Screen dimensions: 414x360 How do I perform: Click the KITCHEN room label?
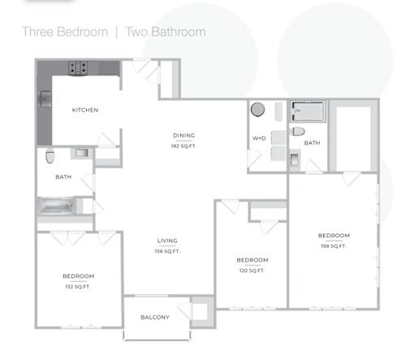tap(85, 110)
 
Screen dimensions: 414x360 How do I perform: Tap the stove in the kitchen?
tap(78, 68)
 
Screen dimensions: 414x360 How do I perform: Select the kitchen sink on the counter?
tap(45, 99)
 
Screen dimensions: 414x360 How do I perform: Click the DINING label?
tap(184, 135)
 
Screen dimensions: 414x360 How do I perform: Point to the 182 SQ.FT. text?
tap(183, 146)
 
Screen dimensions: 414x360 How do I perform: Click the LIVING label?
tap(167, 241)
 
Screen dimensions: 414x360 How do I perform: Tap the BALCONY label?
tap(155, 317)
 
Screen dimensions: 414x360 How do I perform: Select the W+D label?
tap(259, 138)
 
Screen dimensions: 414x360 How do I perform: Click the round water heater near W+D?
tap(257, 110)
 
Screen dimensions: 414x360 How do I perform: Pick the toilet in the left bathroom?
tap(50, 156)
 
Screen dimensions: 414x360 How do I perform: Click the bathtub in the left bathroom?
tap(56, 206)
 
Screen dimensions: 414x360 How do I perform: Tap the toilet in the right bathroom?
tap(298, 132)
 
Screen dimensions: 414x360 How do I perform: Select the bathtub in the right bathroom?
tap(308, 111)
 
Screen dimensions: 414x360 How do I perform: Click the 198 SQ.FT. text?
tap(334, 246)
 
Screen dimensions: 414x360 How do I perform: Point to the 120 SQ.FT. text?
tap(252, 271)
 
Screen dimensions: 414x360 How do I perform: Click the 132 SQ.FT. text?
tap(78, 287)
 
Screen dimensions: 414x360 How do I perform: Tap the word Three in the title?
tap(37, 32)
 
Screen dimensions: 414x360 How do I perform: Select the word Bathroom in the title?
tap(179, 32)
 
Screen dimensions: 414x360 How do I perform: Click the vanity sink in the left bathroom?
tap(82, 153)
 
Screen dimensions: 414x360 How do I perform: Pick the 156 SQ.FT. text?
tap(167, 251)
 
